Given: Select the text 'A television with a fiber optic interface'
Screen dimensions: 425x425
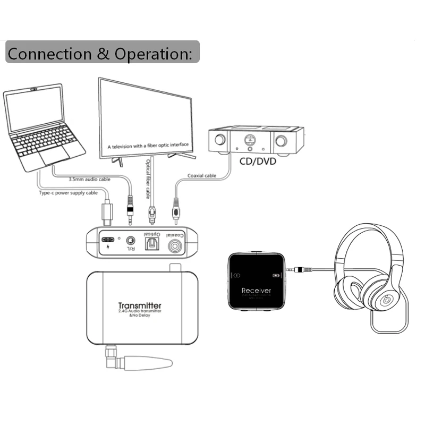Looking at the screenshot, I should point(148,145).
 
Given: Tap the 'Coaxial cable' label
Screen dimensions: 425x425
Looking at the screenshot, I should point(202,176).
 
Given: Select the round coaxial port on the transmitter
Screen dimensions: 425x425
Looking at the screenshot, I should point(176,246).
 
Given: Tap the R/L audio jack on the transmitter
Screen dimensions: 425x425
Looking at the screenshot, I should point(128,240).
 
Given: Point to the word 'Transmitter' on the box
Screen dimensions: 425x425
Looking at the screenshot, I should point(140,305).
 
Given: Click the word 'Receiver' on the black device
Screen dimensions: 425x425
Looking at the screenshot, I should point(257,291).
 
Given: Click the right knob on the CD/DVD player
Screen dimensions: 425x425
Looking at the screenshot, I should point(280,141).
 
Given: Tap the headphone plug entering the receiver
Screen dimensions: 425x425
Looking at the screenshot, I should point(296,270).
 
